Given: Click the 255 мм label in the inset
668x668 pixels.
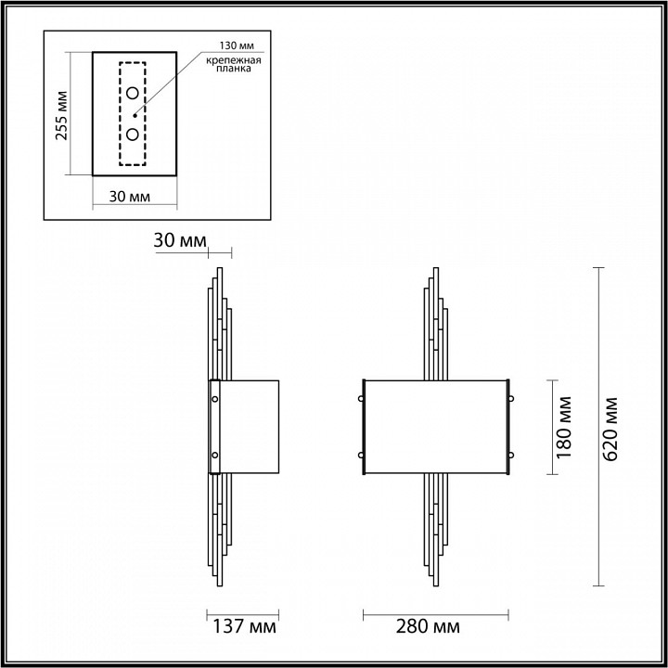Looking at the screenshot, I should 62,114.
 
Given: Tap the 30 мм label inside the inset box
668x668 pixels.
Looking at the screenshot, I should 130,197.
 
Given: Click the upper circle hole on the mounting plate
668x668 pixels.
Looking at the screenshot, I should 133,93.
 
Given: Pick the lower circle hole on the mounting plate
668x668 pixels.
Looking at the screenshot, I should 133,135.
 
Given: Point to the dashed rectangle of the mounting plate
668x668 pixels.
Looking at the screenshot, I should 133,114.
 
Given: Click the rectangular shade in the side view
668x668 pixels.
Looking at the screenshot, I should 249,426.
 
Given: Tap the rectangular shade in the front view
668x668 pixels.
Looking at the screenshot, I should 435,426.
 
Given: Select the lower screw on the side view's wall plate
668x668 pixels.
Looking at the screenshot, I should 215,455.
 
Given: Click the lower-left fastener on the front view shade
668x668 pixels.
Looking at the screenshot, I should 361,455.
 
